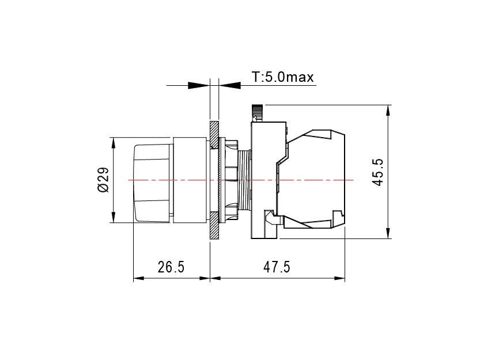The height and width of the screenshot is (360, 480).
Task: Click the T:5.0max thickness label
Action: click(282, 77)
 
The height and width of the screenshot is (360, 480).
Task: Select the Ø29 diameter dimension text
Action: click(104, 180)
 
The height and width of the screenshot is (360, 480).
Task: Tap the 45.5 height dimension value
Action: click(379, 172)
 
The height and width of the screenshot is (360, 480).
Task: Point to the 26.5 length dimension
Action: click(171, 267)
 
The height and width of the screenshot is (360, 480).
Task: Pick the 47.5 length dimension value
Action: click(277, 267)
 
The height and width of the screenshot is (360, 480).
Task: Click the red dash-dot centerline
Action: click(241, 180)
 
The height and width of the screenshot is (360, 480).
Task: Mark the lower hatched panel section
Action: click(214, 225)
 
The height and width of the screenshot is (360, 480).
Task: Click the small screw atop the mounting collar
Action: click(257, 113)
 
